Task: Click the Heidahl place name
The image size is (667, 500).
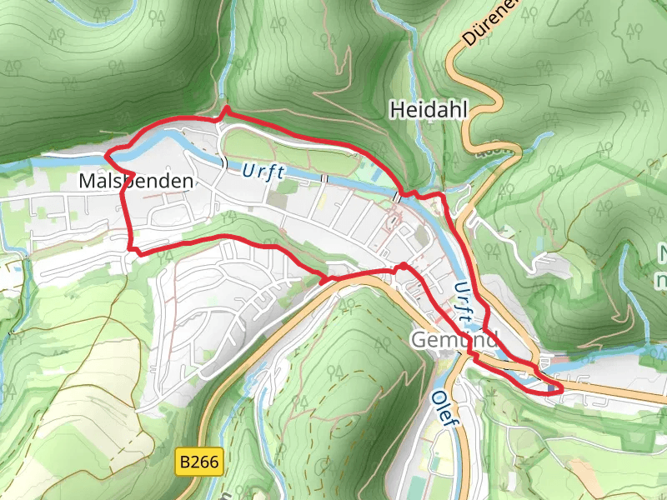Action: [429, 109]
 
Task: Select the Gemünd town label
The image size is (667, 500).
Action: [453, 340]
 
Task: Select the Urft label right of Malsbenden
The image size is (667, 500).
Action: [264, 172]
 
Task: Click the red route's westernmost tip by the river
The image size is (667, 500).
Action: [106, 155]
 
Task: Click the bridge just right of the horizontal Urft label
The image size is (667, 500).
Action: [327, 180]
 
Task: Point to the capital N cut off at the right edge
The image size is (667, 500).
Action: [663, 252]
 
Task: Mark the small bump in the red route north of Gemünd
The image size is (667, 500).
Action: [404, 266]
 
